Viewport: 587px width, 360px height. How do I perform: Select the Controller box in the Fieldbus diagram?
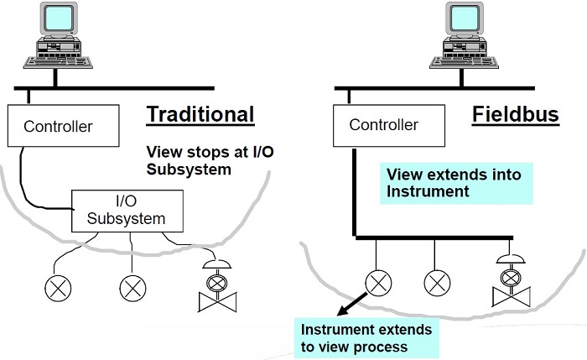tap(383, 125)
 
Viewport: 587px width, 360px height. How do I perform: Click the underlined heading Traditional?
tap(200, 113)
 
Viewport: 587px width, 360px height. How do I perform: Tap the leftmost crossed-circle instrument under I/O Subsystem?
tap(57, 288)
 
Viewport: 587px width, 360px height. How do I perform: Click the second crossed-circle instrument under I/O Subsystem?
tap(132, 288)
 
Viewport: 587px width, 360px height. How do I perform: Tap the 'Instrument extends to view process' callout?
tap(366, 337)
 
